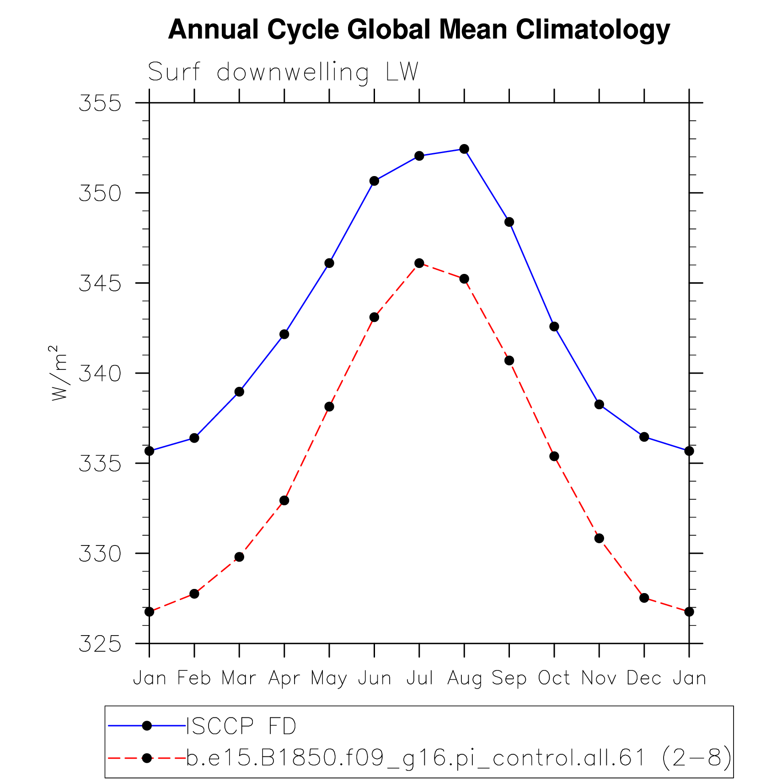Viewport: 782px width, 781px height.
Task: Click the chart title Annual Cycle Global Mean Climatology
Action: pos(419,30)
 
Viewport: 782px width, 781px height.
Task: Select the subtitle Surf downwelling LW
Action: pos(283,72)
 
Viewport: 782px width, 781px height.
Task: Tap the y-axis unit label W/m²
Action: pos(59,373)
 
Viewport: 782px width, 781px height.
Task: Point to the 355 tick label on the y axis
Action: pos(100,103)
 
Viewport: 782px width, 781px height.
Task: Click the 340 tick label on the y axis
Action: pos(100,374)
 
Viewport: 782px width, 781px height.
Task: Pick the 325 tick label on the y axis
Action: pos(100,644)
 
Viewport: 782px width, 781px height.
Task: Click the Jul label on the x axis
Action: pos(419,678)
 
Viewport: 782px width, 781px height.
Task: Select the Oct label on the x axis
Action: pos(554,678)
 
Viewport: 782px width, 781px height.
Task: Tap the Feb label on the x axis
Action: pos(194,678)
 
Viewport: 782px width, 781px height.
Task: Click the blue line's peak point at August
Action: pos(464,149)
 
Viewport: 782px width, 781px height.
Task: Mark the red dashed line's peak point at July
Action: pos(419,263)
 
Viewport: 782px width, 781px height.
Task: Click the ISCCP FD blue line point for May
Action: pos(329,263)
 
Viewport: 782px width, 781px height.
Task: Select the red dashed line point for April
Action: pos(284,500)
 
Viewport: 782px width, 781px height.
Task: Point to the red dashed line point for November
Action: pos(599,538)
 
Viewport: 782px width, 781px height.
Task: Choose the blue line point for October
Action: pos(554,326)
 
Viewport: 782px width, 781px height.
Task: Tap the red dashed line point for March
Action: pos(239,556)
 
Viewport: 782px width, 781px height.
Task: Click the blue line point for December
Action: pos(644,437)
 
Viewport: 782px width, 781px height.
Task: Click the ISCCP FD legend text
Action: pos(241,727)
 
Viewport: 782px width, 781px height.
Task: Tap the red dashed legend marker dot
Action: pos(147,758)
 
